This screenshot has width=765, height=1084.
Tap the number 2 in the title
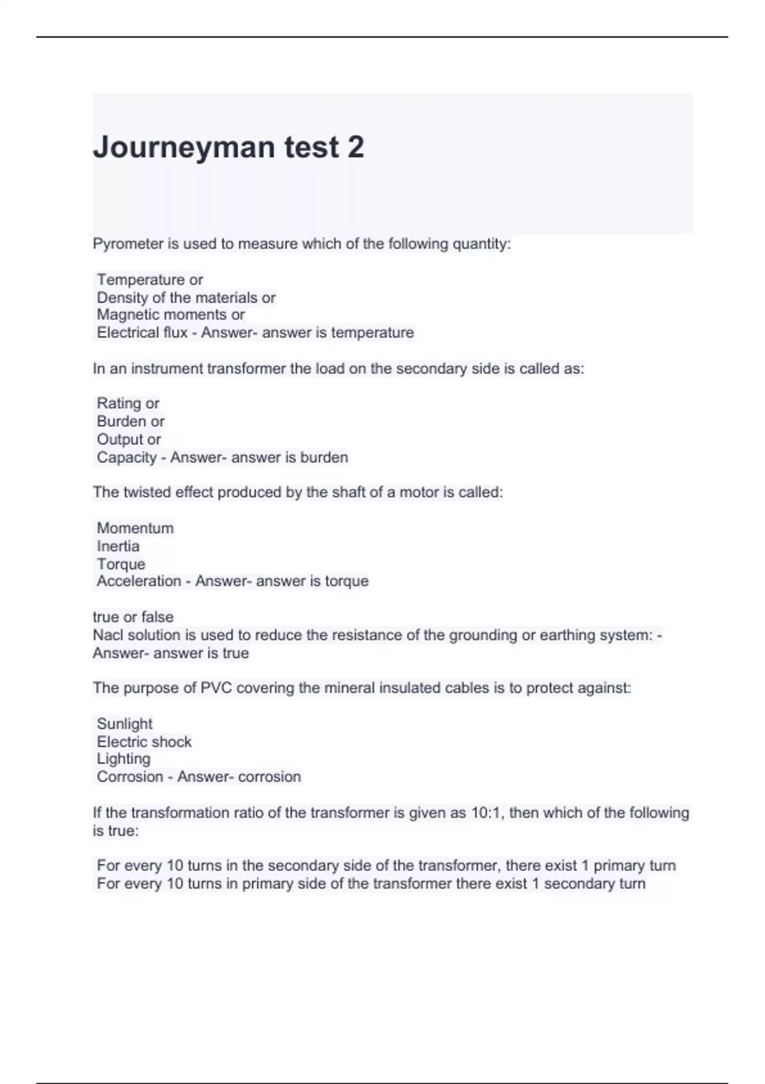coord(356,147)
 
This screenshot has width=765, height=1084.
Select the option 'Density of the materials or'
coord(186,298)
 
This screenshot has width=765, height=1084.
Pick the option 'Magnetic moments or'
coord(170,315)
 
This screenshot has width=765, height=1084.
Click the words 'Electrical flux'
coord(142,333)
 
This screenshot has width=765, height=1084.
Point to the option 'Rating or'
coord(127,404)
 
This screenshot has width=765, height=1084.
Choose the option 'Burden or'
coord(130,421)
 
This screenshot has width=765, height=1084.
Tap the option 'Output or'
coord(128,439)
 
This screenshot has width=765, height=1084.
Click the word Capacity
coord(126,458)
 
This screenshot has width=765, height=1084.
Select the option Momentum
coord(135,529)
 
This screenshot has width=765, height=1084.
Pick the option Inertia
coord(118,546)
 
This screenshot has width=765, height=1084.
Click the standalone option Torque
coord(120,564)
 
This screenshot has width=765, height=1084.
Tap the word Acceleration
coord(138,582)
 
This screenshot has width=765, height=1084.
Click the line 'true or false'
coord(133,617)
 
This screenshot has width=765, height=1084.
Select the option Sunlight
coord(124,724)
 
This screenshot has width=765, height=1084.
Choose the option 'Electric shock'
coord(143,742)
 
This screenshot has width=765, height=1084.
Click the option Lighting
coord(123,759)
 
